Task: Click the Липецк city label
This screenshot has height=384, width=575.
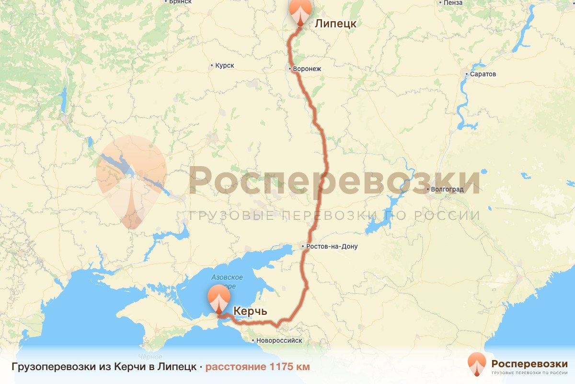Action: pos(335,24)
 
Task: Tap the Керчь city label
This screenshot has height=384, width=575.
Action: pos(250,312)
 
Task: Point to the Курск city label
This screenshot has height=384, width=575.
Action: pos(225,65)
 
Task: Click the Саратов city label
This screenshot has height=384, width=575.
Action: pos(483,74)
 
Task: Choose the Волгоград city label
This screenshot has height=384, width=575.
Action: pos(448,189)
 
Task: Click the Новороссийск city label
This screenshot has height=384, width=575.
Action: pos(279,340)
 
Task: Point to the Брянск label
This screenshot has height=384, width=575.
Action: pos(180,2)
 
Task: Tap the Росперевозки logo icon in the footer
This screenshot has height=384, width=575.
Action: pos(477,364)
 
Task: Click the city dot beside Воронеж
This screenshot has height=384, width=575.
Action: pos(290,69)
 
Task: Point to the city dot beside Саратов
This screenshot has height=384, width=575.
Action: pos(467,74)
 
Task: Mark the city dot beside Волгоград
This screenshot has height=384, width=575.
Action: pos(427,189)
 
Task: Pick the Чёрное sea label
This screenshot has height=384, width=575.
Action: pos(150,357)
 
